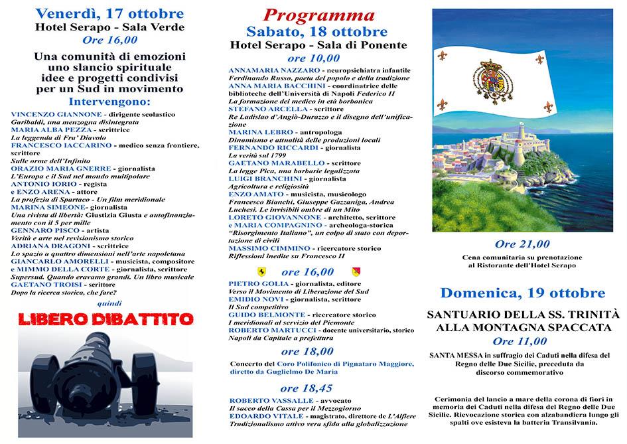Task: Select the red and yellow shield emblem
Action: tap(354, 272)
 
